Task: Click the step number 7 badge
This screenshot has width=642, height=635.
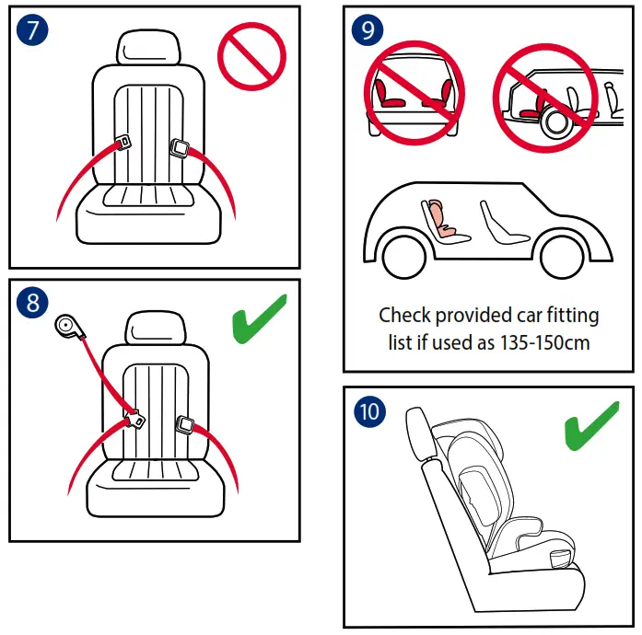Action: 33,29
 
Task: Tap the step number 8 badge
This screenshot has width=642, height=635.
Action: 33,303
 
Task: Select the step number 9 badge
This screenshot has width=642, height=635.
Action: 368,29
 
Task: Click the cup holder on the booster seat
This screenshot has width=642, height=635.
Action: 563,560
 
